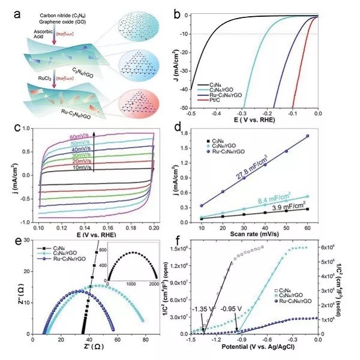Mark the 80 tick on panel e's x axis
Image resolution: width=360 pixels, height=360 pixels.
point(146,340)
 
